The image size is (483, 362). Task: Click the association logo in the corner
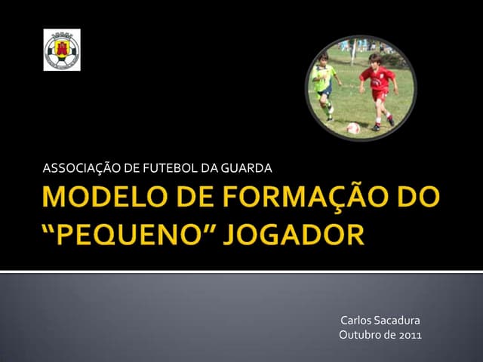[x=62, y=50]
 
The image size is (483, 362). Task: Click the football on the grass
[x=353, y=128]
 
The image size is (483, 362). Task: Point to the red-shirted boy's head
[x=375, y=60]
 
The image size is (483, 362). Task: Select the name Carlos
[x=358, y=321]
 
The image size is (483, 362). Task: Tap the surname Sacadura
[x=400, y=321]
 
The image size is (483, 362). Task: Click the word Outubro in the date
[x=361, y=335]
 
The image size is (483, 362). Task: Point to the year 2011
[x=410, y=335]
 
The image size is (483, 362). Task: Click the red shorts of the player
[x=380, y=96]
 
